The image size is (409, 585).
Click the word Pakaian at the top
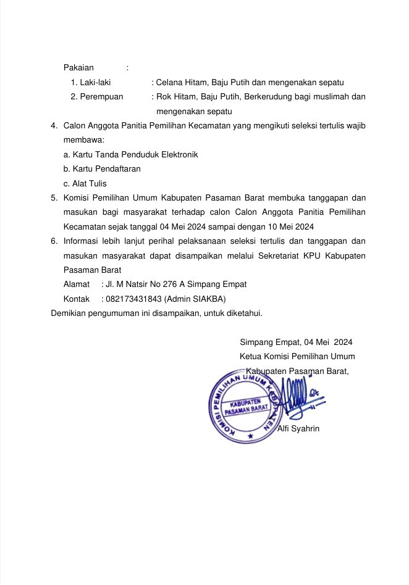(x=78, y=67)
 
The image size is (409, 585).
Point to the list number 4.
(x=54, y=127)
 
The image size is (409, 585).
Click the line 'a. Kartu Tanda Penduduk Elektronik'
(x=130, y=154)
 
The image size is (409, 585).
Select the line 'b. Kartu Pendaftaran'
(x=102, y=168)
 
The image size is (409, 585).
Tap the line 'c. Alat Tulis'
(x=85, y=183)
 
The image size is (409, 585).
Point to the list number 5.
(x=54, y=198)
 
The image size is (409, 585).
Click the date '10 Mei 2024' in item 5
(x=292, y=226)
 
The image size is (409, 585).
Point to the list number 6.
(x=54, y=241)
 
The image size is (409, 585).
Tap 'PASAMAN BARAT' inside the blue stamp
(x=245, y=409)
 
